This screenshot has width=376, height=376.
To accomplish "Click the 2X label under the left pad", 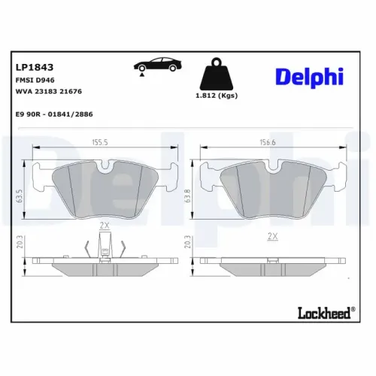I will point(105,226).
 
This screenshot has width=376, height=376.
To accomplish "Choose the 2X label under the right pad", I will point(272,237).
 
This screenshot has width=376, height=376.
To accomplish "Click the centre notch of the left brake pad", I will point(105,165).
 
